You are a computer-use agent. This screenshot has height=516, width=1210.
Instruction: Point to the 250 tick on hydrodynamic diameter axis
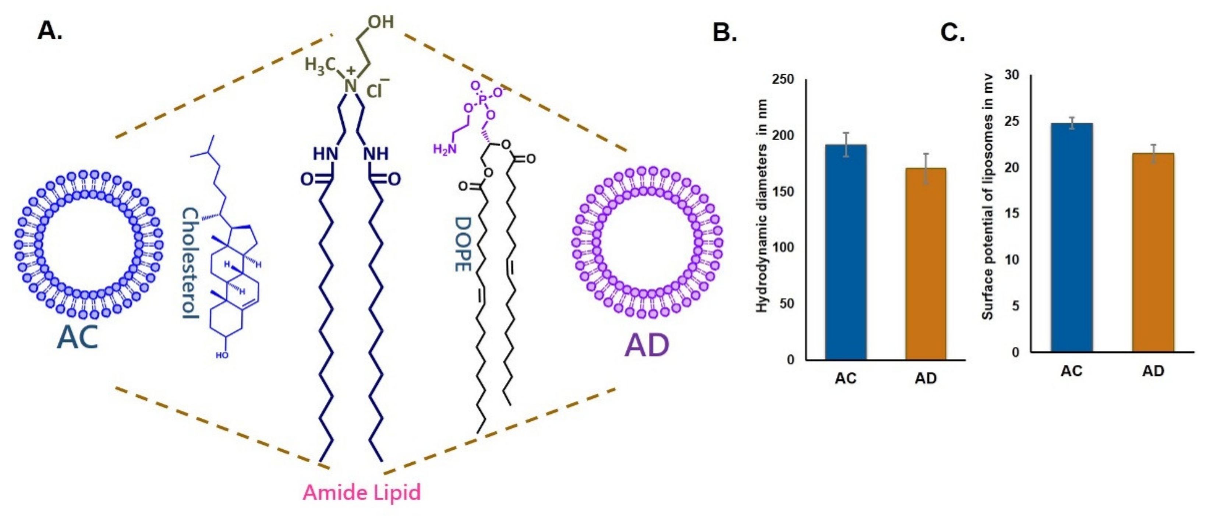click(x=783, y=79)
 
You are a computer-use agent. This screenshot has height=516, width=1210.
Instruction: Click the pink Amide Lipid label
click(x=362, y=492)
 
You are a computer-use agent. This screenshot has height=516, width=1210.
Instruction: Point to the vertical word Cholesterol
click(x=190, y=263)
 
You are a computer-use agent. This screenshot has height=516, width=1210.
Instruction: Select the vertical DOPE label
click(x=463, y=244)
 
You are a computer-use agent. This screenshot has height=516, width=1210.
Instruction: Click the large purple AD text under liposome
click(x=647, y=345)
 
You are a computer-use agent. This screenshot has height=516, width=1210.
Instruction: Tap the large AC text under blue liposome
click(x=78, y=337)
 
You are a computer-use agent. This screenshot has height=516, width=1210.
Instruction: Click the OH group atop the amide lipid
click(x=381, y=22)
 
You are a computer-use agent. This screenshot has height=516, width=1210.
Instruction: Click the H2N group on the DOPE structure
click(x=444, y=149)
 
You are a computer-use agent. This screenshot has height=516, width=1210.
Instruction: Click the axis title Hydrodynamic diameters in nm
click(x=762, y=206)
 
